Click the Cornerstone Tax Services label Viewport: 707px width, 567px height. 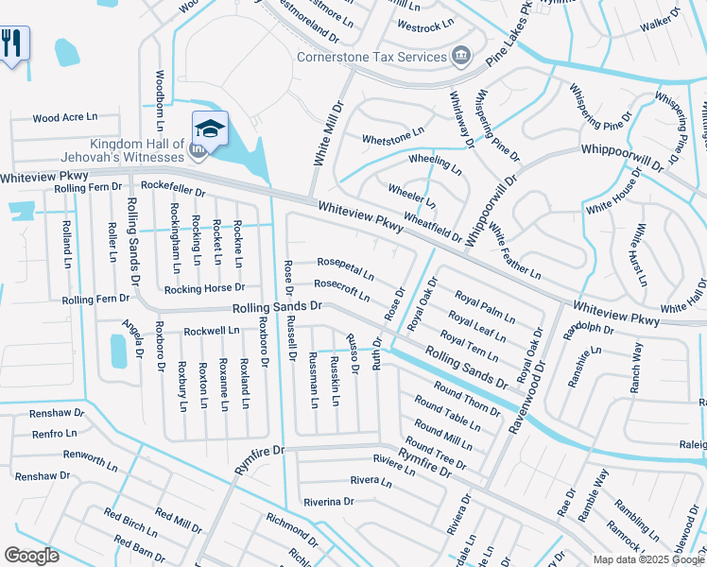(372, 57)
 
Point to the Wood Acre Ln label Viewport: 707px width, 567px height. (65, 118)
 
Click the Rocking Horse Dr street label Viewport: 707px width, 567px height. (204, 288)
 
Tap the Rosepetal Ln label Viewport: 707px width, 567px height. (345, 269)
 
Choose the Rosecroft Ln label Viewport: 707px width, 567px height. (341, 288)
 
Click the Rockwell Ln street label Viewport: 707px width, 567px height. (212, 331)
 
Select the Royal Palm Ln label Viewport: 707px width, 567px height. (484, 307)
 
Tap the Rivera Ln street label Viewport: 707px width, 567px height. (371, 481)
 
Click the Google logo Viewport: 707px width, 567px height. (31, 556)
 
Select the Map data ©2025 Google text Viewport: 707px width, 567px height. (647, 559)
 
